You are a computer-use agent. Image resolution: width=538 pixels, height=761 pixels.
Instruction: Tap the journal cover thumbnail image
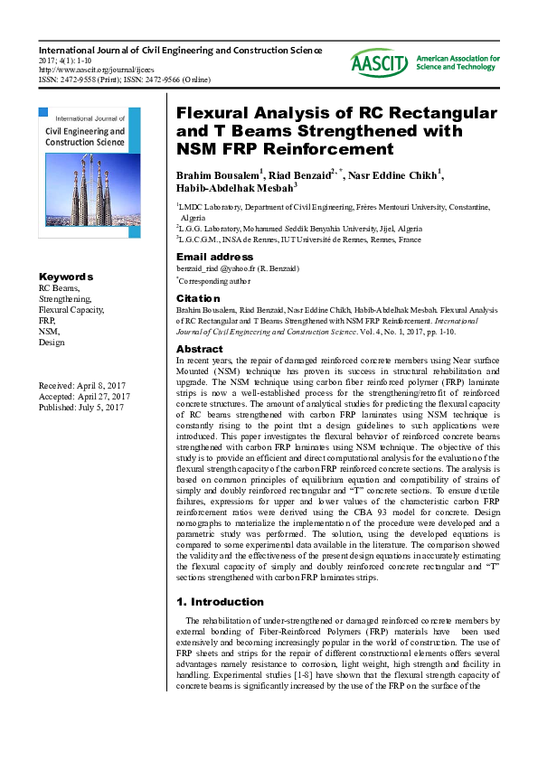click(90, 173)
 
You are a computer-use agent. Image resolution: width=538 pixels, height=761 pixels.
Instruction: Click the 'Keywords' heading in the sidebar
click(66, 277)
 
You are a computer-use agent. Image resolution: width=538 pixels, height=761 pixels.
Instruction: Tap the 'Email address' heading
click(213, 258)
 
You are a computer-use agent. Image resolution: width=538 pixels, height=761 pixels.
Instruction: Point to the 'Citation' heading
click(198, 297)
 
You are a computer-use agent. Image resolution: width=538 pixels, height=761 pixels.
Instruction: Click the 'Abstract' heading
click(199, 349)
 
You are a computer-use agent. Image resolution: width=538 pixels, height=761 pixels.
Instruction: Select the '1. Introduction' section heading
click(219, 601)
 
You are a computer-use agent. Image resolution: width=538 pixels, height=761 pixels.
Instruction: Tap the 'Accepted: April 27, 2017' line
click(84, 397)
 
